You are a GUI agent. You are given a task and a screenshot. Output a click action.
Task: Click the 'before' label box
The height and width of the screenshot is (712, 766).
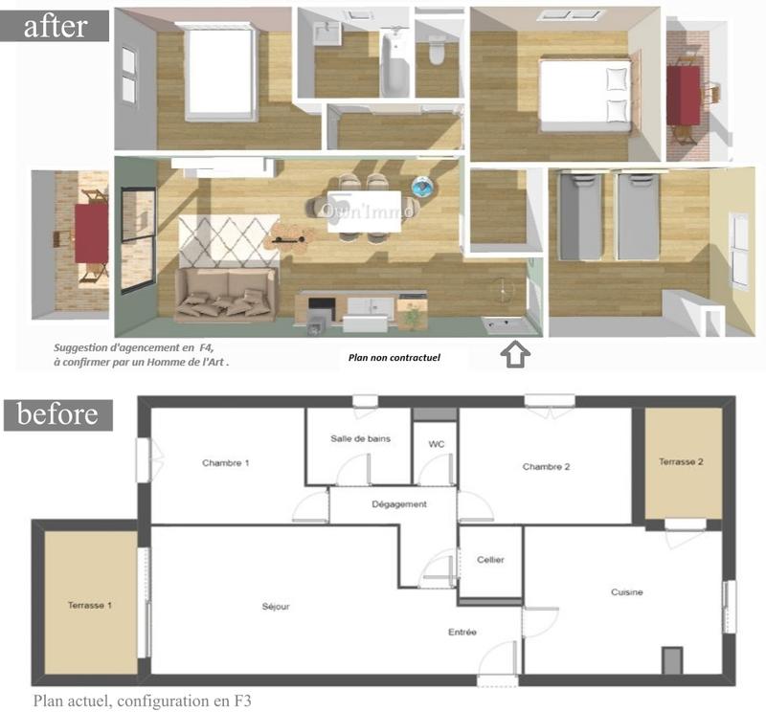[x=57, y=414]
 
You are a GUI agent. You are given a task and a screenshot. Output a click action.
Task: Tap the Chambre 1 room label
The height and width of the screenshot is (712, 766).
[x=225, y=463]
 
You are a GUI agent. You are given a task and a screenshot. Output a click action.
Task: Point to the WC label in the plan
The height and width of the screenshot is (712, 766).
[x=436, y=444]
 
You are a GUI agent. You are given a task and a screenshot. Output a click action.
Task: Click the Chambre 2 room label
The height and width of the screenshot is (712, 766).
[x=546, y=467]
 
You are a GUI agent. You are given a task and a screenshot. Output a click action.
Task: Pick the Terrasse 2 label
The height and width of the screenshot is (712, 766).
[x=682, y=462]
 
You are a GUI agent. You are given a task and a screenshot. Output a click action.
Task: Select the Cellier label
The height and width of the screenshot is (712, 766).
[x=490, y=560]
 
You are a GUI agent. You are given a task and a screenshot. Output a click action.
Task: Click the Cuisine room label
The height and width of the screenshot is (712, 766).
[x=627, y=592]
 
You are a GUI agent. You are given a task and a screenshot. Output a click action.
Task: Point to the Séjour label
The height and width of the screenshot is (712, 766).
[x=275, y=607]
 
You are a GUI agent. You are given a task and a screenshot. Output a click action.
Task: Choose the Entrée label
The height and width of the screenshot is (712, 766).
[x=462, y=632]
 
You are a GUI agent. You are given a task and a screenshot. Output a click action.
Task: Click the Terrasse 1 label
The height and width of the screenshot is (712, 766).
[x=91, y=606]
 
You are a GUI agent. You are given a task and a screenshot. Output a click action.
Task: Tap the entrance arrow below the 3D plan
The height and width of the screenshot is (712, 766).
[x=515, y=355]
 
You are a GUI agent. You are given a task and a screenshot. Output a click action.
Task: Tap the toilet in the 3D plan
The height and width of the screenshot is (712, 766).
[x=438, y=52]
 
